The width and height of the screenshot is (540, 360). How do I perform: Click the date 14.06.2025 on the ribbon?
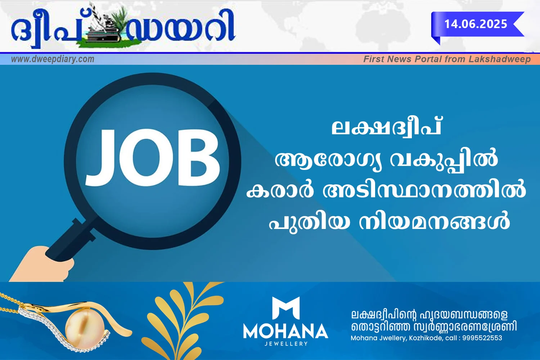click(476, 24)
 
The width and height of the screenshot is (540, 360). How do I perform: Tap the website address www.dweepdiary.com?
click(53, 59)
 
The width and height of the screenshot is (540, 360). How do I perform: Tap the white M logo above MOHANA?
click(286, 308)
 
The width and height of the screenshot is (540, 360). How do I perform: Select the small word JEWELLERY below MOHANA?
click(286, 343)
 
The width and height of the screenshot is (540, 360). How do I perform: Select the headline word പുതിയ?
click(310, 222)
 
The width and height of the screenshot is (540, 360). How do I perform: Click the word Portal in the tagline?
click(429, 59)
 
